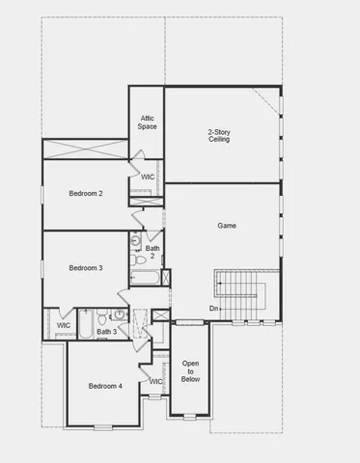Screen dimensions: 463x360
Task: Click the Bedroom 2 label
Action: [86, 194]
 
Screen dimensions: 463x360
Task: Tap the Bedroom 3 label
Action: [86, 267]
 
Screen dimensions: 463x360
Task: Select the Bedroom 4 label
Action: [105, 386]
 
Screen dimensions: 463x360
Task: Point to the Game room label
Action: [227, 226]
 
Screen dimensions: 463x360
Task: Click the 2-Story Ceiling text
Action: [219, 135]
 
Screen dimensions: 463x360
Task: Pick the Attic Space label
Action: [148, 123]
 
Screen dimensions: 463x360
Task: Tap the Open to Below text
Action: [190, 370]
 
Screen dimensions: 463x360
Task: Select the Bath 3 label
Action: [106, 332]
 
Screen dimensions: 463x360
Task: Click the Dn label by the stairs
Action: [213, 308]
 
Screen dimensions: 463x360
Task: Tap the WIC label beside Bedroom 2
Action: [148, 177]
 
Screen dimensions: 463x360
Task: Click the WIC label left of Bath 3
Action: [64, 325]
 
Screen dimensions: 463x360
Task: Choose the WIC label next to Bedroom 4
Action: [155, 382]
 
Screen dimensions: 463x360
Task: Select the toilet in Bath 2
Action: [140, 259]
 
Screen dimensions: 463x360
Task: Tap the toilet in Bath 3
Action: [102, 313]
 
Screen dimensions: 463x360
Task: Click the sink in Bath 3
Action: [119, 313]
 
